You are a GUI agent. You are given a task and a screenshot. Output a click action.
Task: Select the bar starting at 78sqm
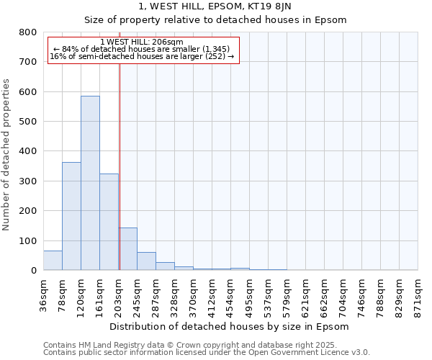pos(71,216)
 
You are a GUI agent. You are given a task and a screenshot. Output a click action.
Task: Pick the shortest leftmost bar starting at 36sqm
pos(53,261)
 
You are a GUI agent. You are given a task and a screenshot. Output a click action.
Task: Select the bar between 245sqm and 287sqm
pos(146,261)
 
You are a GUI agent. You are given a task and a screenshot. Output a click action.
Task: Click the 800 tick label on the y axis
pos(27,32)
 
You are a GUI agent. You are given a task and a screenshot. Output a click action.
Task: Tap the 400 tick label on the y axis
pos(27,151)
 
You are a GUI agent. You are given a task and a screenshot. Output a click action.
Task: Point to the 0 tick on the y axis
pos(33,271)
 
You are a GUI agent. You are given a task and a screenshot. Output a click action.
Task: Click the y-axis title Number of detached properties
pos(7,151)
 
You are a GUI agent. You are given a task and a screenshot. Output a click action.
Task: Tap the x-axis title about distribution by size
pos(230,326)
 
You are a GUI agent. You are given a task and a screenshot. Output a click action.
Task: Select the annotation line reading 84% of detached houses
pos(142,49)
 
